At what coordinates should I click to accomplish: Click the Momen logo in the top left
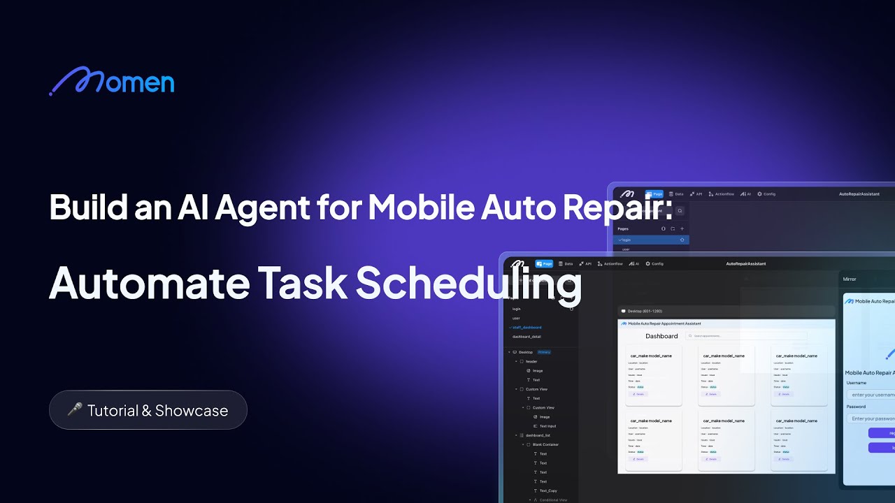112,82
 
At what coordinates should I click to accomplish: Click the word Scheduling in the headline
468,284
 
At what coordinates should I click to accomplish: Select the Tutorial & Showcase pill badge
148,410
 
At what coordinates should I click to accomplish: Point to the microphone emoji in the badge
74,410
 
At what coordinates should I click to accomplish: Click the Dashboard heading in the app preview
661,336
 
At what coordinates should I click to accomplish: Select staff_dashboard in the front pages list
527,327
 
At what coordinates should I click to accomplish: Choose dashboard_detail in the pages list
527,337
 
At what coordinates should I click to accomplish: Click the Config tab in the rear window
766,194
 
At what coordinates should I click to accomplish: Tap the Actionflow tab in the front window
610,264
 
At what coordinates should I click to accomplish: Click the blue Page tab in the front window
544,264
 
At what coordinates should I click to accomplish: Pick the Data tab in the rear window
676,194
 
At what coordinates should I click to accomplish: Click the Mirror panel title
850,279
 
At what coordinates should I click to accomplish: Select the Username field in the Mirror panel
871,395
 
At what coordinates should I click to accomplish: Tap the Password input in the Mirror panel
871,418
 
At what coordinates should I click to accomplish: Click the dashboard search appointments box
746,336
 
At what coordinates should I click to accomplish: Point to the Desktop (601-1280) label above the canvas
644,311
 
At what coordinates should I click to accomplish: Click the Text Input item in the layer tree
547,426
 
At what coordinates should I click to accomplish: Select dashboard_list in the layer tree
538,435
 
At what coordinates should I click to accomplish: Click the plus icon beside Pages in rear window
682,228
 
